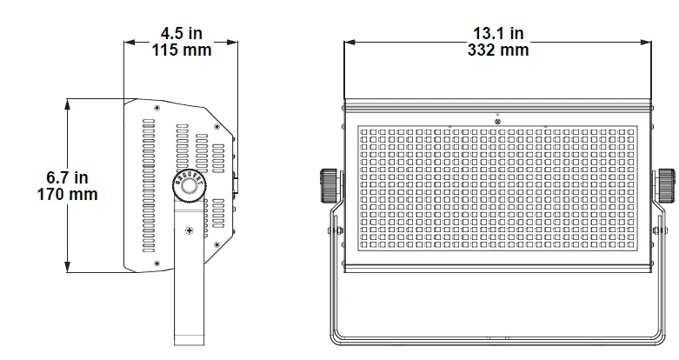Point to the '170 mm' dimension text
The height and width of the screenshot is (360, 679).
(67, 194)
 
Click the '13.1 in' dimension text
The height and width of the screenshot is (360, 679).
(498, 33)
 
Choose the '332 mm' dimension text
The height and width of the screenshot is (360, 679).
(498, 50)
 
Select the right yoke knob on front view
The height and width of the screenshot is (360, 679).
(665, 183)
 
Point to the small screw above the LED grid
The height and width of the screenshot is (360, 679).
(497, 121)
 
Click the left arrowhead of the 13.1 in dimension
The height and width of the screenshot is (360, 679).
(348, 41)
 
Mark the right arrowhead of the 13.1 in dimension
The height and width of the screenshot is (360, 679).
(649, 41)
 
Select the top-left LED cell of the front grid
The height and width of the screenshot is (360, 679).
(364, 132)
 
